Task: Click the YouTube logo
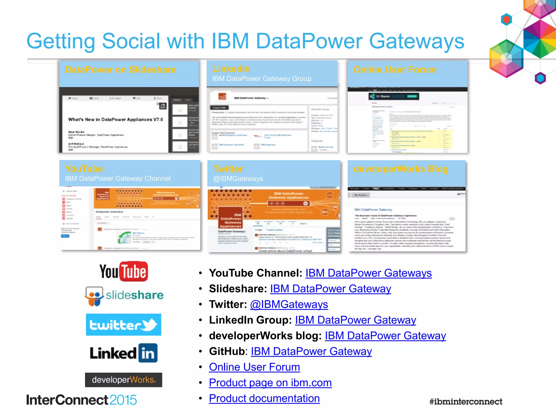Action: [x=124, y=271]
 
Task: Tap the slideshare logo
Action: [x=124, y=296]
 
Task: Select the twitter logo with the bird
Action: [x=124, y=325]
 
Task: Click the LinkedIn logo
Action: [x=124, y=353]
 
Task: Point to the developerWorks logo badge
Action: [x=124, y=380]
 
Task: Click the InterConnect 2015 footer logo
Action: [x=81, y=400]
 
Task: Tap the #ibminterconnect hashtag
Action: [x=466, y=402]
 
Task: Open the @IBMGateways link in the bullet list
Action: [x=289, y=304]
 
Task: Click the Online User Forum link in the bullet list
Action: [x=254, y=367]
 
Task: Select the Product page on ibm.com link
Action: [x=270, y=383]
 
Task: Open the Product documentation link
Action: [x=264, y=398]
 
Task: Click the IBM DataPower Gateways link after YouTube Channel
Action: [x=368, y=273]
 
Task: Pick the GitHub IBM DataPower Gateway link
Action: [x=311, y=351]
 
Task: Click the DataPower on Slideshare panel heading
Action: [x=120, y=70]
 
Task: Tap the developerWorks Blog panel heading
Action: [x=400, y=169]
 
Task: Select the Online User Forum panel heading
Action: [x=395, y=70]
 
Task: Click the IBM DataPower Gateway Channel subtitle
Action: [x=118, y=179]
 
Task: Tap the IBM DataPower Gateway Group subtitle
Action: [x=262, y=79]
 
